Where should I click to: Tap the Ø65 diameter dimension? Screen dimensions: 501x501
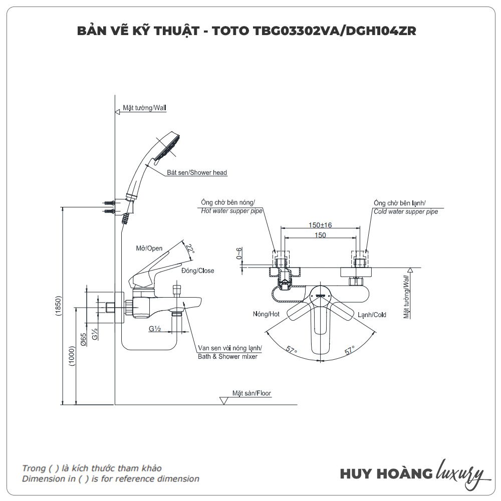pos(84,341)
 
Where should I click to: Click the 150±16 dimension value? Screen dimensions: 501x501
pos(321,225)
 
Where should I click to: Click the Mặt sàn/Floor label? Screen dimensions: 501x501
pos(252,393)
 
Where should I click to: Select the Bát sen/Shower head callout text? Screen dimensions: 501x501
pos(197,173)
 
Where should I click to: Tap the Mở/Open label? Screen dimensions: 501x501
pos(149,248)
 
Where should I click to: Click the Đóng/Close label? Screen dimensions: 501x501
pos(197,271)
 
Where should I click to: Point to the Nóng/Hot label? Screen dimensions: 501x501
pos(267,315)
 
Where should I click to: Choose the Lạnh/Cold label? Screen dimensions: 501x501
pos(372,315)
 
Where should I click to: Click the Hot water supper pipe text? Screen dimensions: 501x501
pos(231,211)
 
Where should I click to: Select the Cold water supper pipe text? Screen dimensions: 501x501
pos(406,211)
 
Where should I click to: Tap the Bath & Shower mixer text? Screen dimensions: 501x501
pos(228,357)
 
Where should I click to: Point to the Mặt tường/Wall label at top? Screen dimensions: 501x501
pos(144,108)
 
